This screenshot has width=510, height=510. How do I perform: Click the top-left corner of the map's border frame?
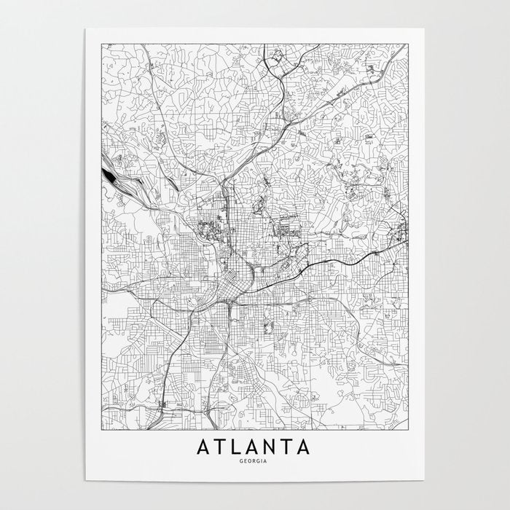[101, 44]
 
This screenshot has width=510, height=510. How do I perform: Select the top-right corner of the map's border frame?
[409, 44]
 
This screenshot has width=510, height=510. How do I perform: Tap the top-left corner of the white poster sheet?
[85, 29]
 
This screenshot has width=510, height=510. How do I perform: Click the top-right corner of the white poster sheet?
[425, 29]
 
